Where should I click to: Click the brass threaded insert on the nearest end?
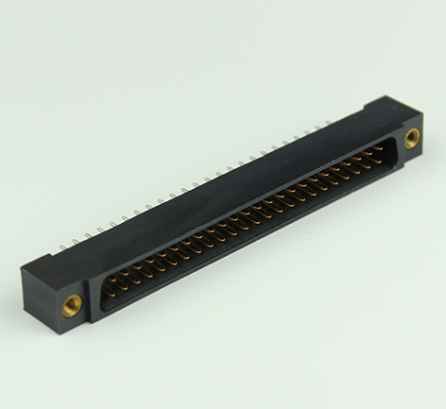[x=72, y=303]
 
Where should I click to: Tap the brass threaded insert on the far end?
[x=412, y=139]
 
